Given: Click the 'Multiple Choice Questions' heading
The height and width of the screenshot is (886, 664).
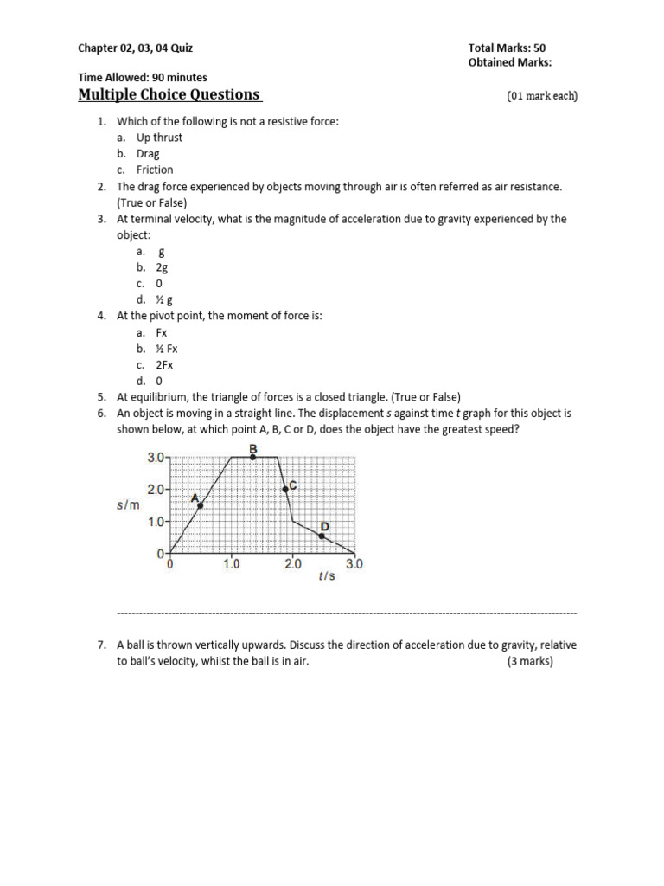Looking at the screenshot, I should coord(169,94).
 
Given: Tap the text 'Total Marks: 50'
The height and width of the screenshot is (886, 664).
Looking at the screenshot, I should coord(507,48).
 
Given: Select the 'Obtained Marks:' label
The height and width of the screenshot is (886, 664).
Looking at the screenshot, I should coord(510,62).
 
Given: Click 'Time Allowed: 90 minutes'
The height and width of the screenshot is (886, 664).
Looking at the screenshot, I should coord(143,78).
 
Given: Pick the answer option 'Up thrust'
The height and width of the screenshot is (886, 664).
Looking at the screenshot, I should coord(159,138).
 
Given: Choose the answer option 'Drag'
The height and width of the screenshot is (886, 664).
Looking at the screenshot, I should coord(148,154).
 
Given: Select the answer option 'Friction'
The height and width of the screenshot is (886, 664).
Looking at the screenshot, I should coord(155,170).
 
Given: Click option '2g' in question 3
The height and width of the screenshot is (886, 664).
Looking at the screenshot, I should coord(162,267).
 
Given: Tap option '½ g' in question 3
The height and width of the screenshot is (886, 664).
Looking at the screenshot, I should coord(164,300).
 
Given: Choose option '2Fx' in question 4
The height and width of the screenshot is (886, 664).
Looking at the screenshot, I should coord(165,365).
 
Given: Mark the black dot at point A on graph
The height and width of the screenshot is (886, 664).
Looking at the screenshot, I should coord(201,505).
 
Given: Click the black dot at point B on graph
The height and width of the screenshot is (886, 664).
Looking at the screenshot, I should coord(252,457).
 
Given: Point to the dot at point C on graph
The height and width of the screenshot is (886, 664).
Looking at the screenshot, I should coord(285,489).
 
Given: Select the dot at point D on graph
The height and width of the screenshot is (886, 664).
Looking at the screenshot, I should coord(322,536).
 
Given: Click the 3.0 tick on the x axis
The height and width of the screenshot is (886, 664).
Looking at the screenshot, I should coord(354,564).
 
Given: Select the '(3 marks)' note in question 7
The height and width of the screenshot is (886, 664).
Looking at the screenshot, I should coord(530,662).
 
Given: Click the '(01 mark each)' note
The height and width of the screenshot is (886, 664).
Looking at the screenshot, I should coord(541,96).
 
